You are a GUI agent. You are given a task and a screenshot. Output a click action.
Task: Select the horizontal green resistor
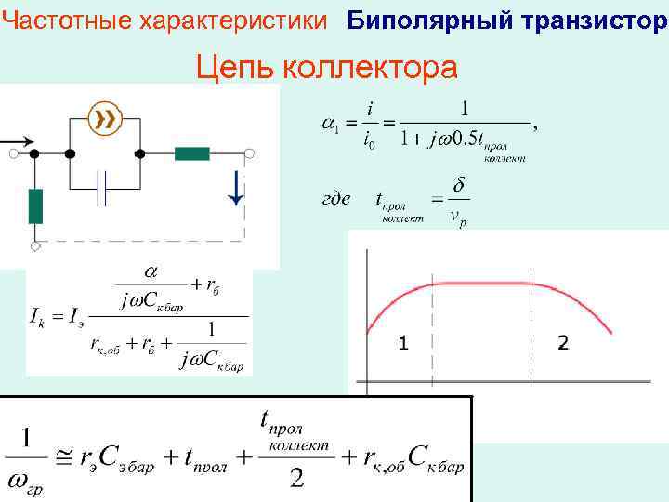[x=192, y=153]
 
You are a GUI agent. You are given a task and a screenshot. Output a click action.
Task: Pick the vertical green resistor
[x=36, y=205]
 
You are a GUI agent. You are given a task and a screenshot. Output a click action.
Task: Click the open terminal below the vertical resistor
[x=36, y=245]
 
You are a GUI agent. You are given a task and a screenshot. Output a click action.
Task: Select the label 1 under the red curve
[x=402, y=343]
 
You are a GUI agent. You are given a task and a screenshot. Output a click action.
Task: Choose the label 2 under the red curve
[x=563, y=343]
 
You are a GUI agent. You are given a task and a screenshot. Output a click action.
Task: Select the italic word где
[x=335, y=198]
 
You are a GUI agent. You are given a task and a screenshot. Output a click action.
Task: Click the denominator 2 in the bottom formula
[x=296, y=479]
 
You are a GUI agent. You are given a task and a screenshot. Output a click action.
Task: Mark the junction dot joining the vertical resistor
[x=34, y=153]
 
